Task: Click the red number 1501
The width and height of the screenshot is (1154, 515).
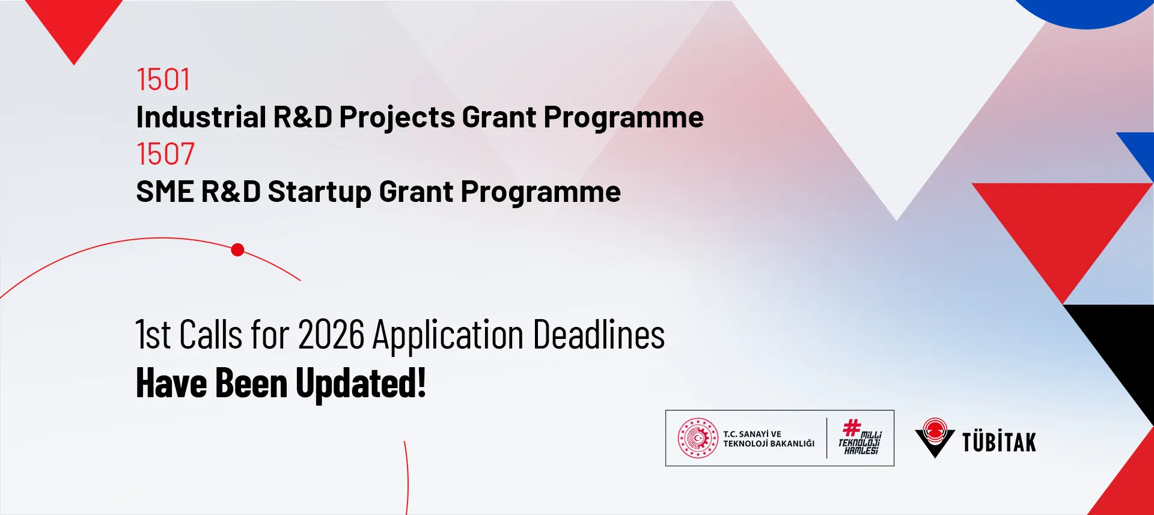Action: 163,79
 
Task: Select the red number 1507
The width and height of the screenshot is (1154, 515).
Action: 165,154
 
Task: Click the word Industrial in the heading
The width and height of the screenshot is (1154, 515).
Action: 201,117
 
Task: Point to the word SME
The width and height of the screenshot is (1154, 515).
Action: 165,192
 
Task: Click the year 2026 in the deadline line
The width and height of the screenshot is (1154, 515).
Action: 331,335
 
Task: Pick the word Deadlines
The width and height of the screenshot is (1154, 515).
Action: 599,335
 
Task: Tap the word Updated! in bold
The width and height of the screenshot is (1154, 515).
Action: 361,383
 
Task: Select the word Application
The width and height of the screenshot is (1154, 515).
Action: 448,336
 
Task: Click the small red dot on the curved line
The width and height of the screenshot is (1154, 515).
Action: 237,250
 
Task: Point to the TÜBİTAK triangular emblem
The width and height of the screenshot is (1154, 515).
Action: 935,437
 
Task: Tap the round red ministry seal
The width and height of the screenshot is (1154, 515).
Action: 698,438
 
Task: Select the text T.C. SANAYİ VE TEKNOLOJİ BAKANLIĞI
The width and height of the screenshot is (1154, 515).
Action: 769,439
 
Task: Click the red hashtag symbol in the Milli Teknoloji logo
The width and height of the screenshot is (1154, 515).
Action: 852,428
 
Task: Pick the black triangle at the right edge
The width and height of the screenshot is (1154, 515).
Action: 1121,349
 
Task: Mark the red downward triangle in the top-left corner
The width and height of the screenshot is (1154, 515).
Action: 74,24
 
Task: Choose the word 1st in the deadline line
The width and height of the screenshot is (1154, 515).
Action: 153,335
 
